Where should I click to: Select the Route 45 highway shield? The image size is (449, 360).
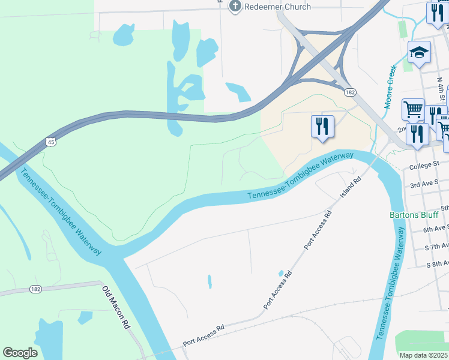point(50,142)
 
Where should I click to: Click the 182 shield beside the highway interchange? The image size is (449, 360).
point(351,92)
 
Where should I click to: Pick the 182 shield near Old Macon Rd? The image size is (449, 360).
point(36,289)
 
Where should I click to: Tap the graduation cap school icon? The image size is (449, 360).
point(419,53)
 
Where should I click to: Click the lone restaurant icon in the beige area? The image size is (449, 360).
point(322,126)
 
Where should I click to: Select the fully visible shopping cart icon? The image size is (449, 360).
point(413,109)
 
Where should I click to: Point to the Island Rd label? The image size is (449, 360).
point(350,187)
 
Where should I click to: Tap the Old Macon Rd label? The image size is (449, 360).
point(116,307)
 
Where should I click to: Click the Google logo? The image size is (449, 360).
point(20,353)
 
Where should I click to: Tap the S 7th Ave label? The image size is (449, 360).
point(436,247)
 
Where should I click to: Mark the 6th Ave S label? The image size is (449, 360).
point(436,229)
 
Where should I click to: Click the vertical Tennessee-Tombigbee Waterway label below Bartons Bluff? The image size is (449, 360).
point(389,288)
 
